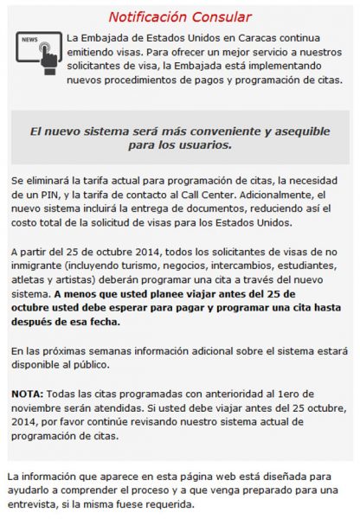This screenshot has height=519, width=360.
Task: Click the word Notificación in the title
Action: tap(149, 16)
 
